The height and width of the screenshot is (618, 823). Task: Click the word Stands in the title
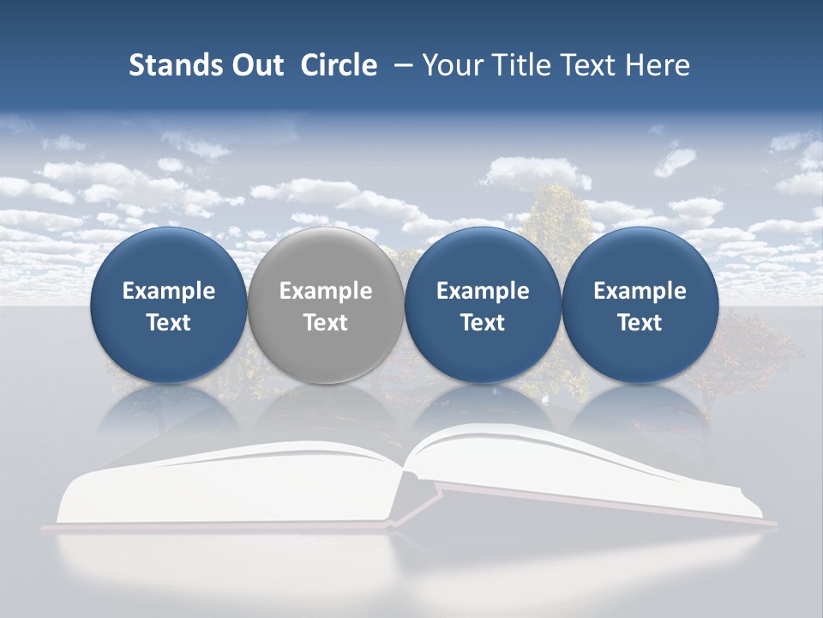click(x=164, y=65)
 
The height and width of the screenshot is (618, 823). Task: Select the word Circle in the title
click(x=339, y=65)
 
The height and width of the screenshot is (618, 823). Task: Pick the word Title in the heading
click(x=513, y=65)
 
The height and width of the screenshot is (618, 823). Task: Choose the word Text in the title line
click(x=581, y=65)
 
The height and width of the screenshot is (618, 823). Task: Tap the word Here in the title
click(x=656, y=65)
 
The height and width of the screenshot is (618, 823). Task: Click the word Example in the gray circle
click(x=326, y=291)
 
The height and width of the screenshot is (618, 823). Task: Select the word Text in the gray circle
click(x=326, y=323)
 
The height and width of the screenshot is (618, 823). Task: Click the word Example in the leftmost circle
click(x=169, y=291)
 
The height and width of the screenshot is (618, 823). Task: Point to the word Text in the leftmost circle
click(x=169, y=323)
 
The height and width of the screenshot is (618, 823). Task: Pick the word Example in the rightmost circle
click(x=640, y=291)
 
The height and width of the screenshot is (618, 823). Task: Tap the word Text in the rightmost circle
click(x=640, y=323)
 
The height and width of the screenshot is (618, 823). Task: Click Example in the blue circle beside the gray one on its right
click(x=483, y=291)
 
